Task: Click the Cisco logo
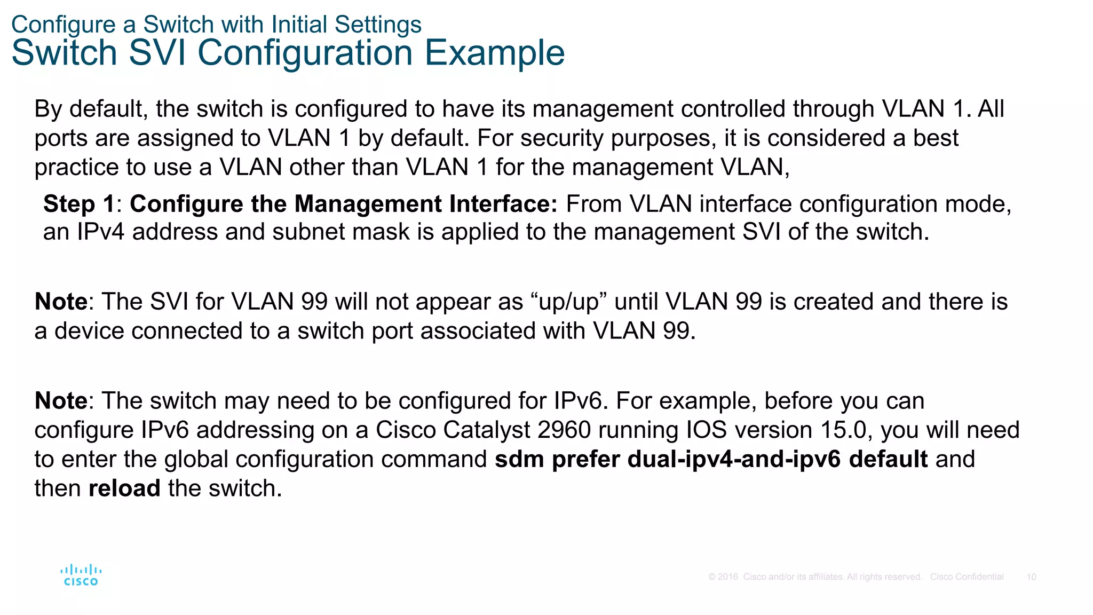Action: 81,575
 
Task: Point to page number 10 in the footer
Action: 1031,577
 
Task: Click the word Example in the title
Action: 494,53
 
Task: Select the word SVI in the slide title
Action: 157,53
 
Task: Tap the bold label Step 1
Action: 79,204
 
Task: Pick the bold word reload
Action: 124,488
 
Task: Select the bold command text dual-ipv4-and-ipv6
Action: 734,459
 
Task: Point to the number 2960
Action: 564,430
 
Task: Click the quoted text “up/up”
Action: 569,302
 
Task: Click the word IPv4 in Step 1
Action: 101,232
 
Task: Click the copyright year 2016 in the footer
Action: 728,577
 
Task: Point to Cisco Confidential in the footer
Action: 967,577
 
